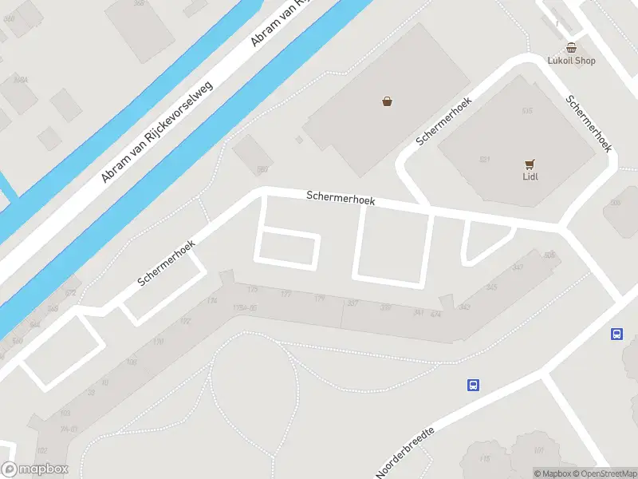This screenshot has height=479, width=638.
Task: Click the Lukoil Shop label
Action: (x=572, y=61)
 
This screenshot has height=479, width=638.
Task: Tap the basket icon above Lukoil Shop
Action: (x=571, y=48)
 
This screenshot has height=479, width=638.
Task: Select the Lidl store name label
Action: (x=530, y=176)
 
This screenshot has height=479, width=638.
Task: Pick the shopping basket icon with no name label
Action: (x=387, y=101)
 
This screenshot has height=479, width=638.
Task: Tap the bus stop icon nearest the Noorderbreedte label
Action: (x=473, y=385)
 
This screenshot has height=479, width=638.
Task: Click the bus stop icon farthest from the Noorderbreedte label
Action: (x=617, y=334)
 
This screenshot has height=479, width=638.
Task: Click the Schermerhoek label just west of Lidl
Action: (x=444, y=121)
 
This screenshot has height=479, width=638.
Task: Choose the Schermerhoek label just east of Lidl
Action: (x=589, y=124)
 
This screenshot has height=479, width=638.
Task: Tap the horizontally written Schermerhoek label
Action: (x=341, y=197)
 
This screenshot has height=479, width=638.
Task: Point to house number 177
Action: (x=286, y=294)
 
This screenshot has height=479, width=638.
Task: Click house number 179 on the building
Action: (x=319, y=299)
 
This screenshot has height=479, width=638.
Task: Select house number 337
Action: (x=353, y=303)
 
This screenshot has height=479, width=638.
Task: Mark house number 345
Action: (x=491, y=287)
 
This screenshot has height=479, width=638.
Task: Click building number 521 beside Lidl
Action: (x=484, y=160)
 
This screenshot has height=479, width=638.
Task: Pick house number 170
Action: (x=159, y=342)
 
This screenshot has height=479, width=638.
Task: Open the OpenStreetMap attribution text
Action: (x=606, y=473)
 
